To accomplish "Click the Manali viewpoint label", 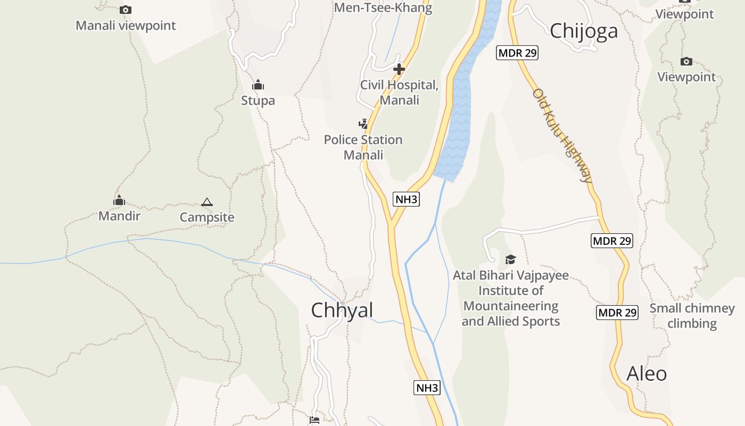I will coord(126,25).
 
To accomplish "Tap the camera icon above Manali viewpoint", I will coord(126,10).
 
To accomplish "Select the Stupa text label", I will coord(258,100).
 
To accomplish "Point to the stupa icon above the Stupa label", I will coord(258,85).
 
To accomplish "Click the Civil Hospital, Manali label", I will coord(399,92).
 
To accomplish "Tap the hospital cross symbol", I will coord(399,69).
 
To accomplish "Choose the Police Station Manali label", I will coord(363,147).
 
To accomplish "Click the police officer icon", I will coord(363,124).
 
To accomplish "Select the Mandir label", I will coord(119,216).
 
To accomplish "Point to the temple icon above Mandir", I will coord(119,200).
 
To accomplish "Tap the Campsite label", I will coord(207,217).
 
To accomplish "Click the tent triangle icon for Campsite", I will coord(207,202).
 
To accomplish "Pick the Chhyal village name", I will coord(342,310).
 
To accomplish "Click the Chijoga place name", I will coord(584,30).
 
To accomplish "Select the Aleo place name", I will coord(647,373).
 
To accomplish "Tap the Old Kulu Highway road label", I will coord(562,136).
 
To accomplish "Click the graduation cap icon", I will coord(511,259).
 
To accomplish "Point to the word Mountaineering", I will coord(511,306).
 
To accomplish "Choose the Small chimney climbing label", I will coord(692,315).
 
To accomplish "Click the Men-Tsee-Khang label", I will coord(383,7).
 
